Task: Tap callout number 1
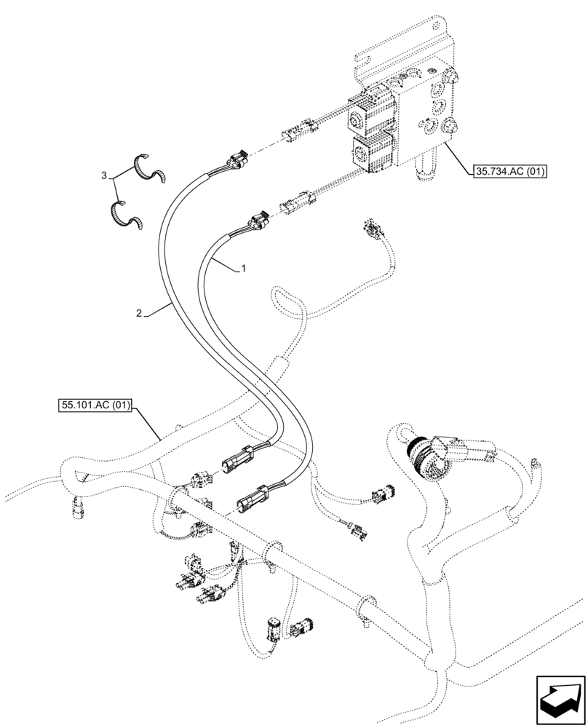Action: coord(244,269)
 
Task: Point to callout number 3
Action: coord(105,175)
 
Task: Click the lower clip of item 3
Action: coord(125,215)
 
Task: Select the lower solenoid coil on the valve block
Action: coord(371,155)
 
